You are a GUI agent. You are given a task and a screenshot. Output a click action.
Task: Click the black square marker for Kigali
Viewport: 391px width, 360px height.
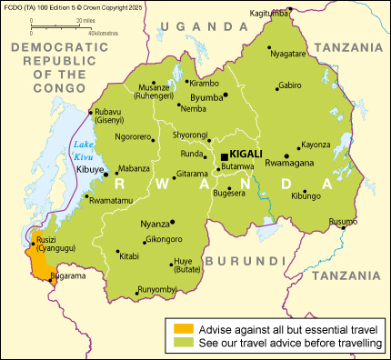point(224,157)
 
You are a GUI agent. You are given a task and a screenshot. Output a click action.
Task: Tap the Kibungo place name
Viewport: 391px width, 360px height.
point(306,195)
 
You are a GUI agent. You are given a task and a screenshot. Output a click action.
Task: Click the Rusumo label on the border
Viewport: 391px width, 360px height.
point(343,222)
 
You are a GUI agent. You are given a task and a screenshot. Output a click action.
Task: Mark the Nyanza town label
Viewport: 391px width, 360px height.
point(155,224)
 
